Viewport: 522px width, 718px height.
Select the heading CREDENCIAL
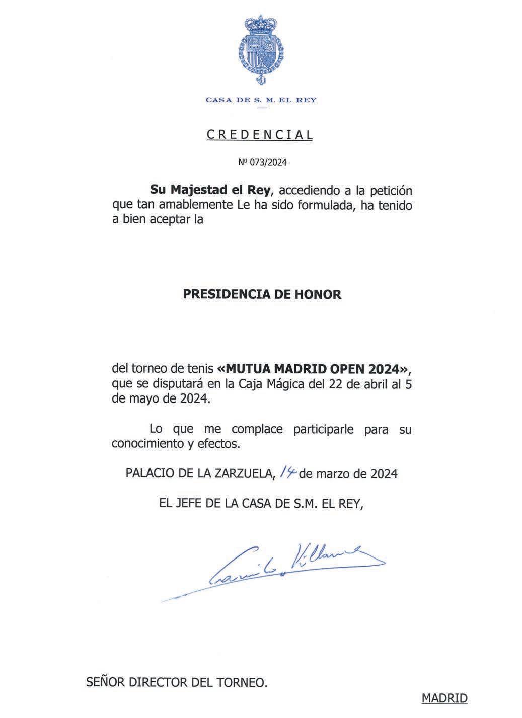click(x=260, y=135)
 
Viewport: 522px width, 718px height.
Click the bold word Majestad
click(x=196, y=191)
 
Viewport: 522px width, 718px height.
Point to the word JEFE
click(x=191, y=504)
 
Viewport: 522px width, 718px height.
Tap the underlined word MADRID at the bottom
click(x=444, y=698)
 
